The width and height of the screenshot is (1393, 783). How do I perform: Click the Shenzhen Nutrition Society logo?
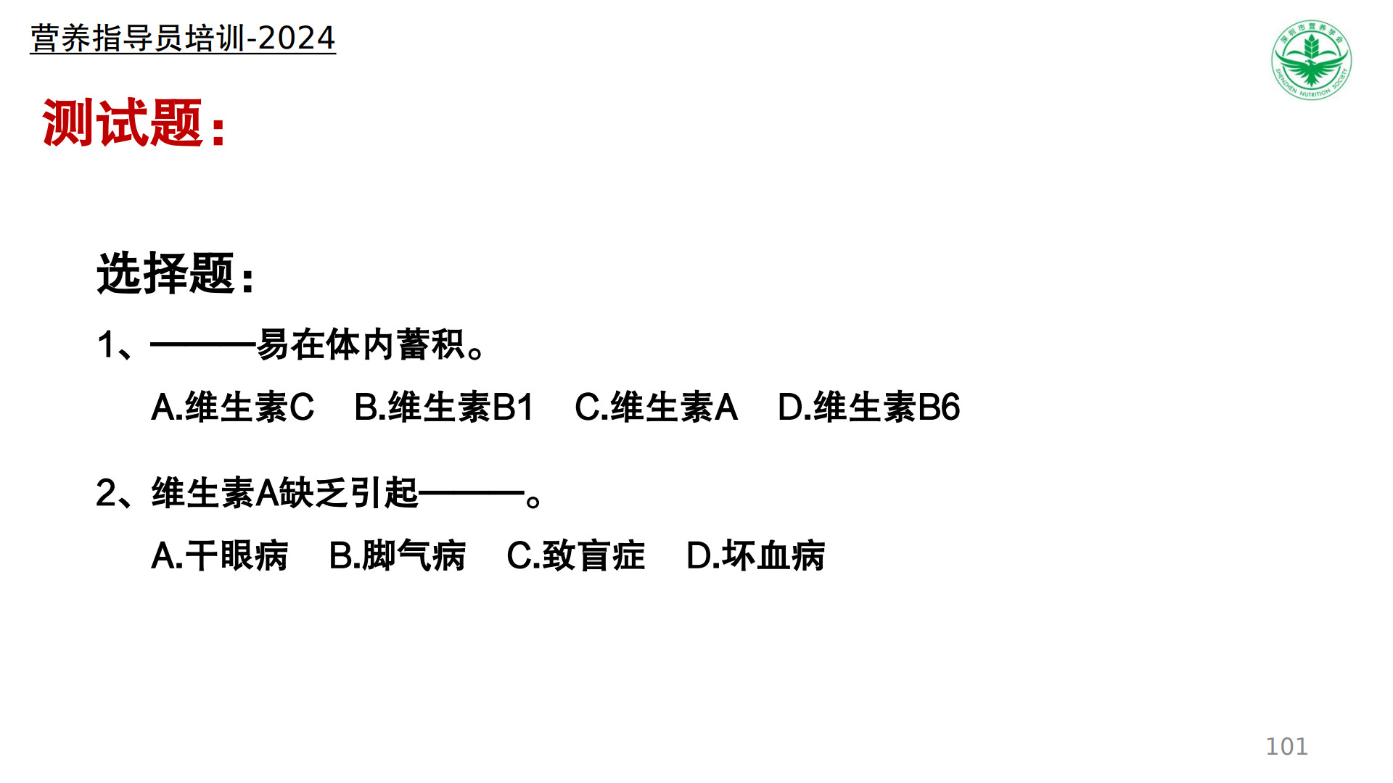(1312, 59)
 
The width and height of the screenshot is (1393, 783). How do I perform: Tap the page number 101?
(1286, 746)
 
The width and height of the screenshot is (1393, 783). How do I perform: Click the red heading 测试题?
(123, 123)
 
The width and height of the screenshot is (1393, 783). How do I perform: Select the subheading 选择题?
(165, 273)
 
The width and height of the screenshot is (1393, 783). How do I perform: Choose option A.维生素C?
(232, 407)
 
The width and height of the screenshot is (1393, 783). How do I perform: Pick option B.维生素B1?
(444, 407)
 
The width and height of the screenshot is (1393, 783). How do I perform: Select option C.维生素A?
(656, 407)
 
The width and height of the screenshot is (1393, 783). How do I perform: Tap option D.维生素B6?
(868, 407)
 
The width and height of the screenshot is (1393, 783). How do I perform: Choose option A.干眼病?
(219, 556)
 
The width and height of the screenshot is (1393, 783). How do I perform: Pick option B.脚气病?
(397, 556)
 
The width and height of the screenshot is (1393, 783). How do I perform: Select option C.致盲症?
(575, 556)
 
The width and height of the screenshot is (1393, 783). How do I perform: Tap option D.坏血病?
(755, 556)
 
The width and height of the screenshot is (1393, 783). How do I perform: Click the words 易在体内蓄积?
(361, 344)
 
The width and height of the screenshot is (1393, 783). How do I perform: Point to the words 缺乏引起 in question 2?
(349, 493)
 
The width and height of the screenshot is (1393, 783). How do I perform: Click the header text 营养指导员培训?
(138, 38)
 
